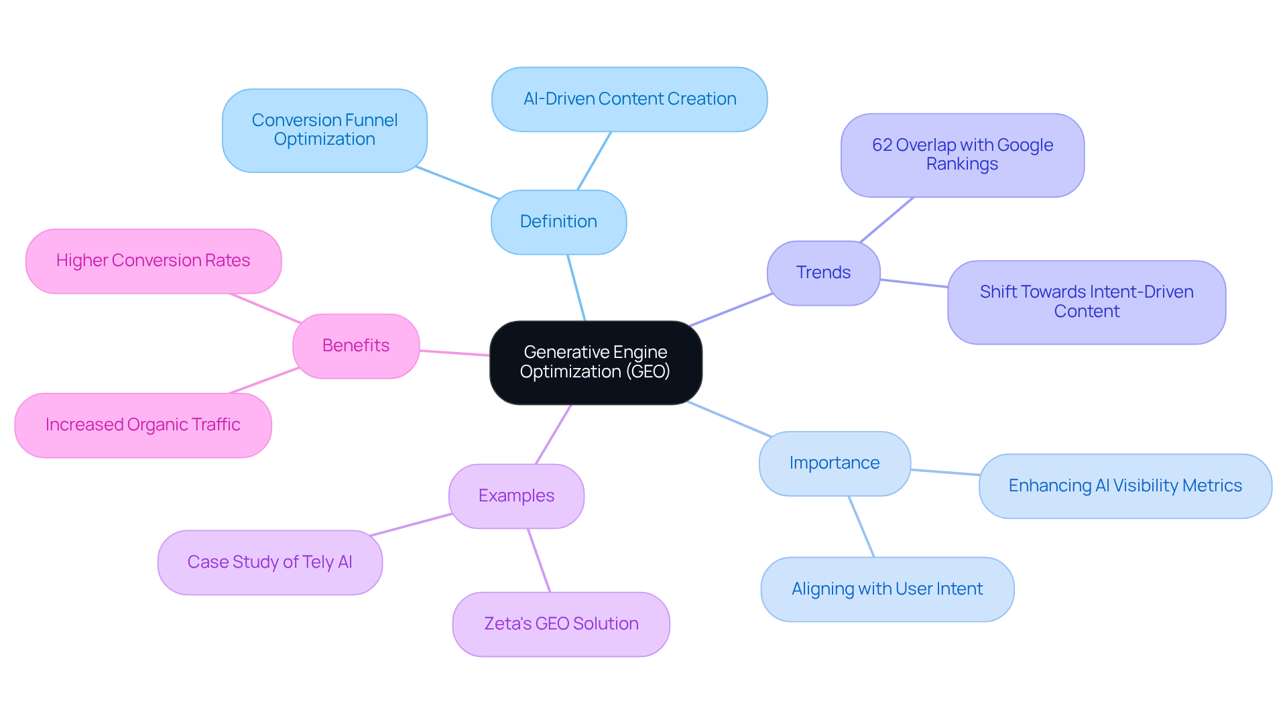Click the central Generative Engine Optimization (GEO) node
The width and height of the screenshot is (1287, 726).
(595, 362)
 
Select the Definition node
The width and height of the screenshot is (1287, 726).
(558, 222)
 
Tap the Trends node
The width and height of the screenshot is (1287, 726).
(823, 273)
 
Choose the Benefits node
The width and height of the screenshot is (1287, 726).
(356, 346)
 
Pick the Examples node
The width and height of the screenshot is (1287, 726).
(516, 496)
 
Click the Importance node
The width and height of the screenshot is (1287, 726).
(835, 463)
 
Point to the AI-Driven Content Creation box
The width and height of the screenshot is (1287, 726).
(629, 99)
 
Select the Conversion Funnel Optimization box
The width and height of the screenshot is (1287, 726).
(324, 130)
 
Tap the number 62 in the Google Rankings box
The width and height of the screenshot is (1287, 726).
(881, 145)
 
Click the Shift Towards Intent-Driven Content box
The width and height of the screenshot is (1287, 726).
(1086, 302)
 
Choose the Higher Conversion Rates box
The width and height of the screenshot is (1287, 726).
(153, 261)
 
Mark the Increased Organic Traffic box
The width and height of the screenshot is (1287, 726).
(143, 425)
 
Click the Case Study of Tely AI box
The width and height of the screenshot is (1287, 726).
(269, 562)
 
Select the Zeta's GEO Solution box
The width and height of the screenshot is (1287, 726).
(561, 624)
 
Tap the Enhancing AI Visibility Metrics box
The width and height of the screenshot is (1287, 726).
(1125, 486)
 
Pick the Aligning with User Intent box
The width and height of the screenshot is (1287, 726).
(887, 589)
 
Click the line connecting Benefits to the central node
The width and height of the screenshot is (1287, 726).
(454, 353)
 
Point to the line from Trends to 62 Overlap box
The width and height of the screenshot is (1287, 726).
(887, 219)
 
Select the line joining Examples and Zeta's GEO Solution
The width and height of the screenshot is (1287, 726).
(539, 560)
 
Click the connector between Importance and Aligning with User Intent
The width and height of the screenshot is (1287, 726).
(861, 527)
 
